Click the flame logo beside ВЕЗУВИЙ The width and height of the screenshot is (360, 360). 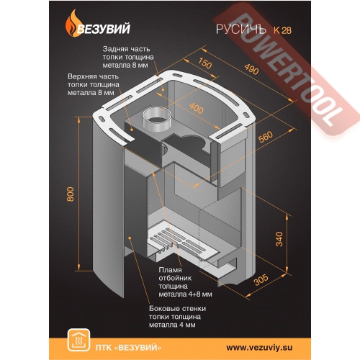tap(72, 24)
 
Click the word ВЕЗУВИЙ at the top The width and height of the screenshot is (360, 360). tap(104, 29)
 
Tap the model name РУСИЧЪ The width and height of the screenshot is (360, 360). tap(240, 30)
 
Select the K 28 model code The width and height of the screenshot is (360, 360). tap(282, 30)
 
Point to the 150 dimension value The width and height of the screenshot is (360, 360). tap(204, 63)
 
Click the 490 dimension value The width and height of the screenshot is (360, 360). tap(251, 69)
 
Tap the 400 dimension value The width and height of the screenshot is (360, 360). tap(197, 108)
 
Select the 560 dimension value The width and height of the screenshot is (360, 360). tap(266, 137)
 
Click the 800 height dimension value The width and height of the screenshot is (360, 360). tap(71, 194)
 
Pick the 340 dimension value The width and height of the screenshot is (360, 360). tap(279, 239)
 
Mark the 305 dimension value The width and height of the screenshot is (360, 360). tap(261, 279)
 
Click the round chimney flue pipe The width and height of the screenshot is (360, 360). tap(156, 120)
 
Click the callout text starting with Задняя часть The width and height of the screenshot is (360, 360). tap(128, 57)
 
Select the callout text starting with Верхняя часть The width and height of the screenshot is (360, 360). tap(94, 85)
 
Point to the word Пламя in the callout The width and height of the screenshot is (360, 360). tap(170, 270)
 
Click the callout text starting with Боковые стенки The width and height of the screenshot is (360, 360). tap(177, 317)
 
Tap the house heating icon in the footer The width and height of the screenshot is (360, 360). tap(78, 340)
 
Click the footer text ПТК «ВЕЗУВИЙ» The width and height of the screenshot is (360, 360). tap(128, 348)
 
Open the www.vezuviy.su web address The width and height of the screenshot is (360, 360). tap(259, 348)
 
